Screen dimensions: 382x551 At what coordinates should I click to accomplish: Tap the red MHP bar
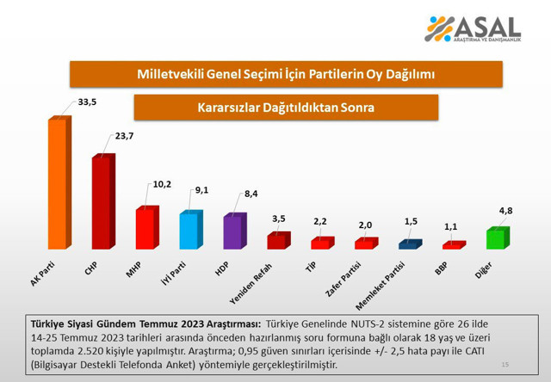pyautogui.click(x=145, y=228)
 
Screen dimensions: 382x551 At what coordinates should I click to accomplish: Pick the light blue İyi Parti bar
pyautogui.click(x=189, y=231)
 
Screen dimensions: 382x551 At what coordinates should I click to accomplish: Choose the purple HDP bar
pyautogui.click(x=233, y=231)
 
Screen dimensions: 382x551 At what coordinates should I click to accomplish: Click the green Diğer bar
pyautogui.click(x=497, y=238)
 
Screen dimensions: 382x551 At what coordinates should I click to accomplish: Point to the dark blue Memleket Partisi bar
pyautogui.click(x=409, y=245)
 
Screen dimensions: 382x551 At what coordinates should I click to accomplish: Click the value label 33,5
pyautogui.click(x=87, y=102)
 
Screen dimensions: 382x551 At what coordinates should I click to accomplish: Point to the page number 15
pyautogui.click(x=505, y=365)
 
